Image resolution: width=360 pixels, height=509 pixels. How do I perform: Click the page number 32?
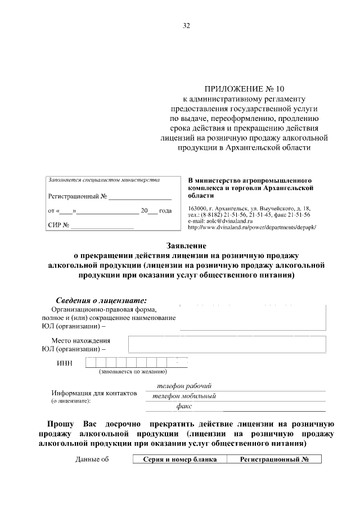[186, 25]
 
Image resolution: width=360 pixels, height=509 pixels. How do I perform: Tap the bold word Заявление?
[170, 246]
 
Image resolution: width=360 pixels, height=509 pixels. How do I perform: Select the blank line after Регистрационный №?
[139, 197]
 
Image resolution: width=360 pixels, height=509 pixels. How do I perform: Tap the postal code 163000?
[198, 209]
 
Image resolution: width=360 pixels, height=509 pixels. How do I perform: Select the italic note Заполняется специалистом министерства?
[104, 180]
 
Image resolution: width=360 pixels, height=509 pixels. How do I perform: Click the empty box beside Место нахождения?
[227, 344]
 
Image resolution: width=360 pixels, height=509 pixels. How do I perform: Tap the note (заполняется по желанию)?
[133, 372]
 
